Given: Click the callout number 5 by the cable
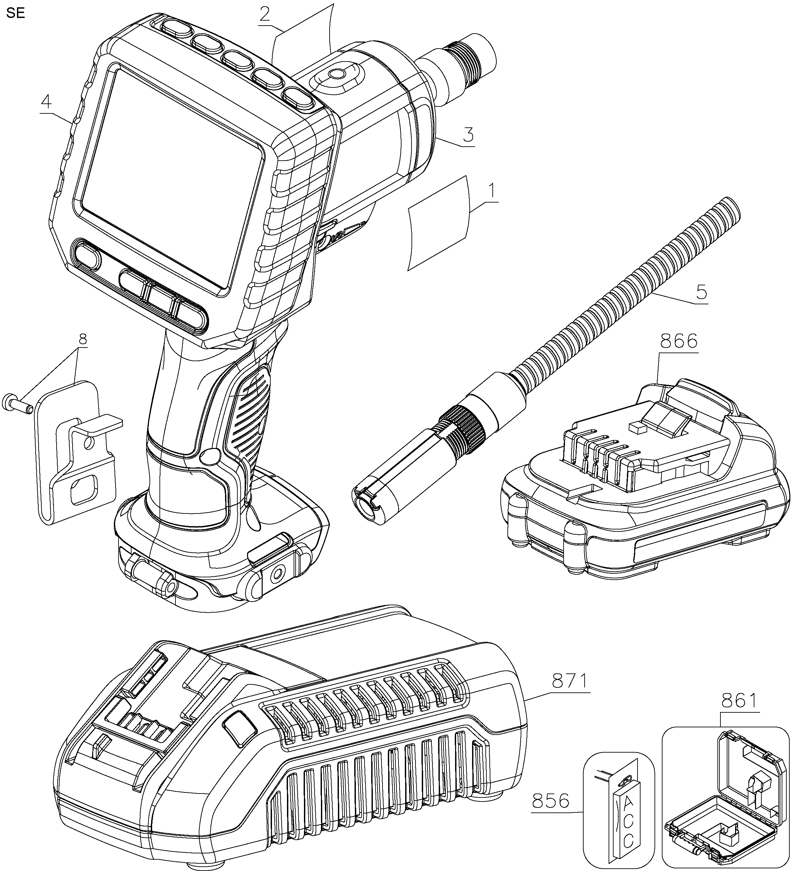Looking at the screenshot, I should tap(701, 292).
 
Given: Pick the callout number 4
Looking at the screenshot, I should tap(46, 102).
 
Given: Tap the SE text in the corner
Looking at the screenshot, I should tap(16, 13).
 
